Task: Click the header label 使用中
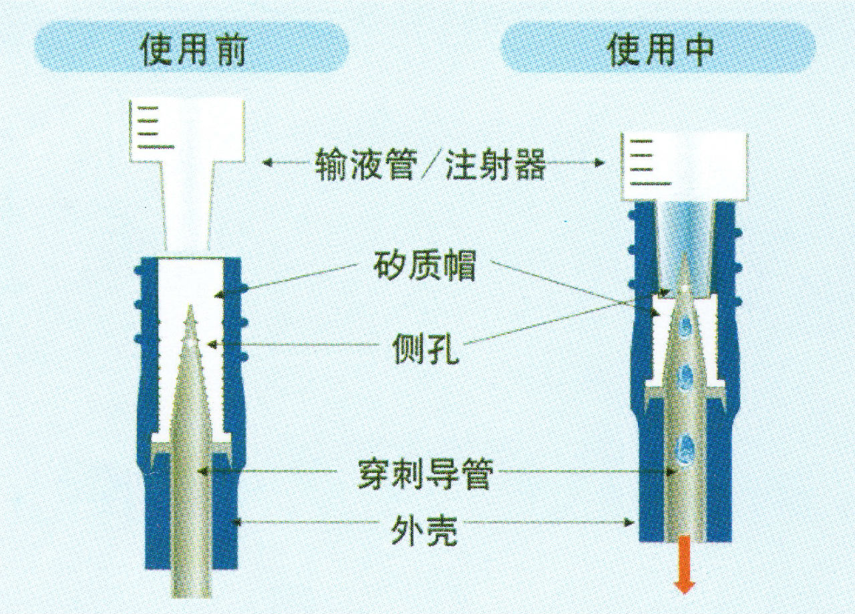(660, 47)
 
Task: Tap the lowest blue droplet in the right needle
(684, 444)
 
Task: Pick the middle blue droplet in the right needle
(683, 378)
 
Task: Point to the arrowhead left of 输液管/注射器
(266, 162)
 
